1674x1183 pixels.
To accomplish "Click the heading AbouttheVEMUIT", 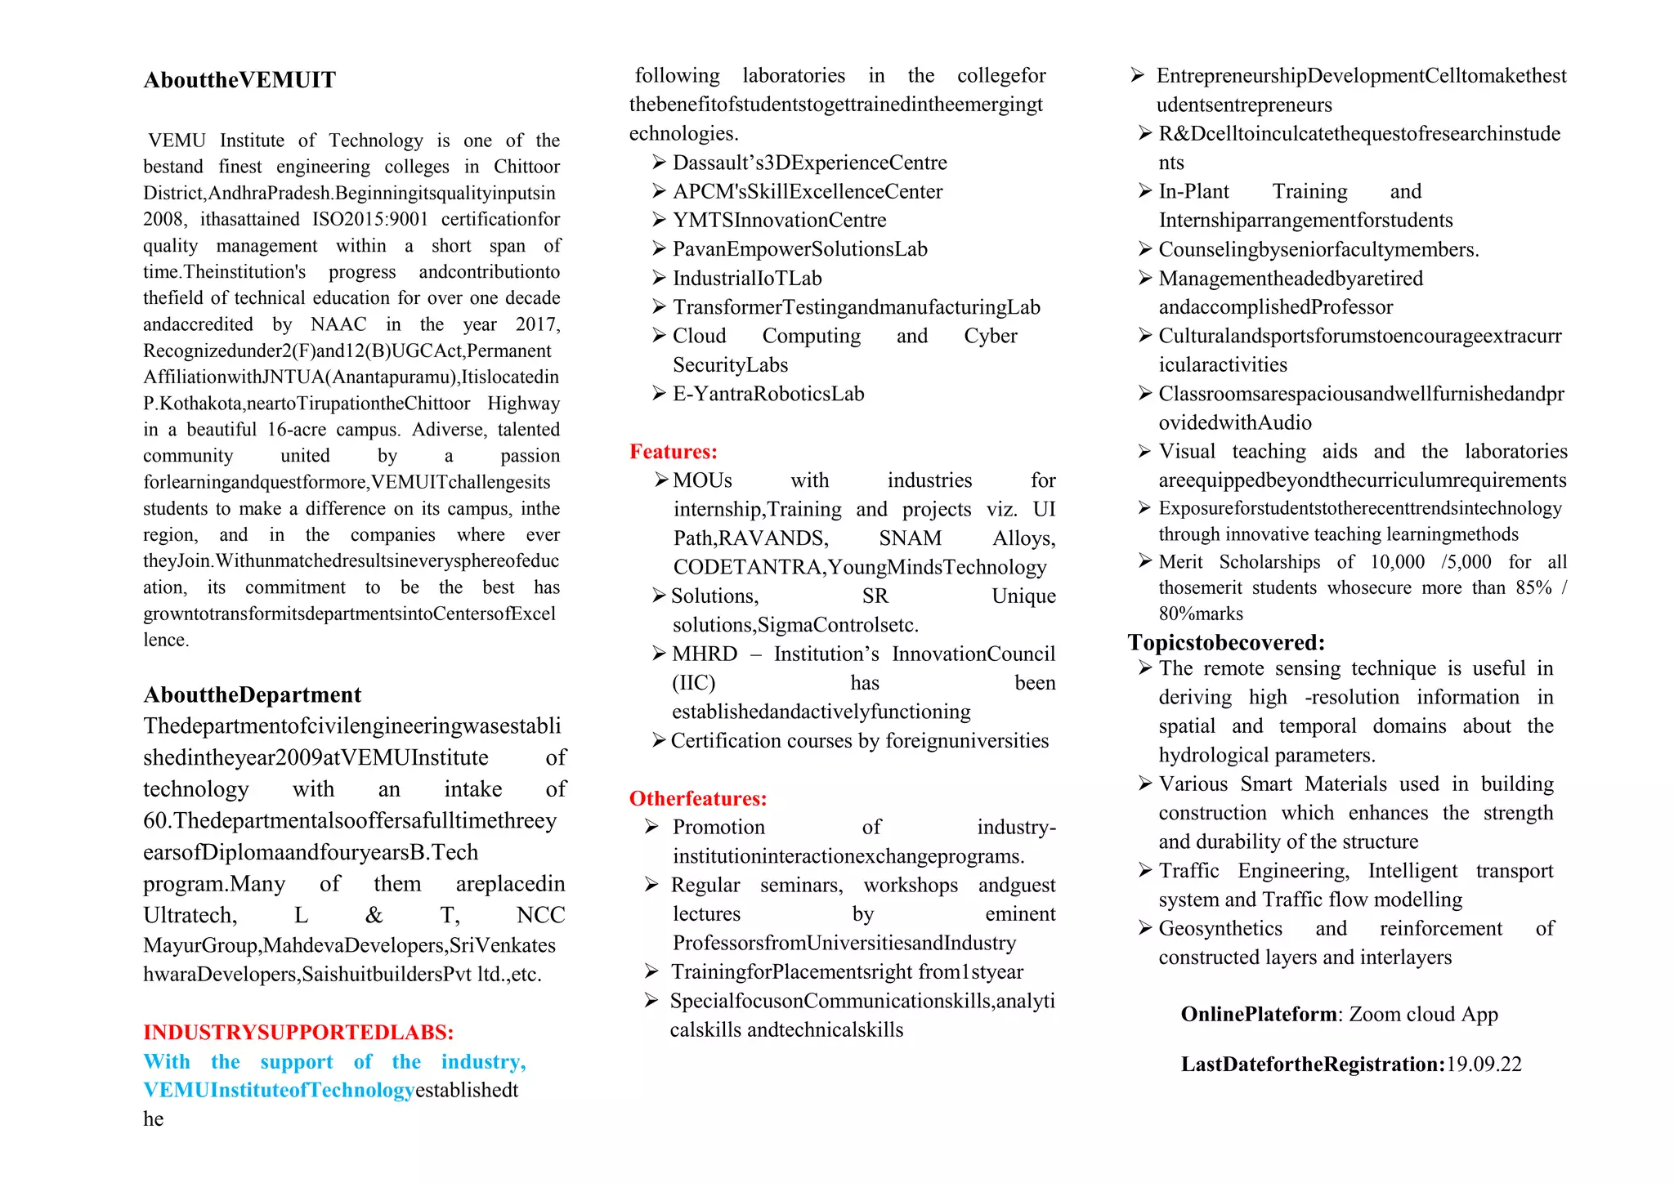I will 239,80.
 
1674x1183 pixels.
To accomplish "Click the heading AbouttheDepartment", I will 252,694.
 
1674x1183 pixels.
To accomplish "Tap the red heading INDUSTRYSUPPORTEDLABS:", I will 298,1032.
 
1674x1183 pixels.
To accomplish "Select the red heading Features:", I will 673,452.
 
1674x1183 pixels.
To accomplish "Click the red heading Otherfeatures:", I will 697,798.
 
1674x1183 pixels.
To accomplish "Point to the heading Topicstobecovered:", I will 1226,642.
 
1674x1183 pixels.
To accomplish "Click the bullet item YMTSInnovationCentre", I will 779,220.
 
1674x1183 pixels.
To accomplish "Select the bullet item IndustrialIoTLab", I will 746,279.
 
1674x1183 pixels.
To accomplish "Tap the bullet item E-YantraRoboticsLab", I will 768,394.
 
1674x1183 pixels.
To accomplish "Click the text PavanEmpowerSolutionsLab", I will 799,249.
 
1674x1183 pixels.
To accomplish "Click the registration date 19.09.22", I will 1484,1065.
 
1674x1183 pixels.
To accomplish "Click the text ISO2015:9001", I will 369,219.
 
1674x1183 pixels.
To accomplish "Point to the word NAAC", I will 338,324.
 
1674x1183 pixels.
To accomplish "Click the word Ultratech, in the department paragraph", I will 190,915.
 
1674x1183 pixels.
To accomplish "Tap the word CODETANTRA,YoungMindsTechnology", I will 859,567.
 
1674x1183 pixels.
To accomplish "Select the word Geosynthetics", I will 1220,928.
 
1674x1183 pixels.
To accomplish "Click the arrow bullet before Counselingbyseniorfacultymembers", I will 1145,249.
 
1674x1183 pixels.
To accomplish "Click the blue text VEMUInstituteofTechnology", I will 278,1090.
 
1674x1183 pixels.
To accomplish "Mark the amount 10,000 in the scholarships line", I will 1397,562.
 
